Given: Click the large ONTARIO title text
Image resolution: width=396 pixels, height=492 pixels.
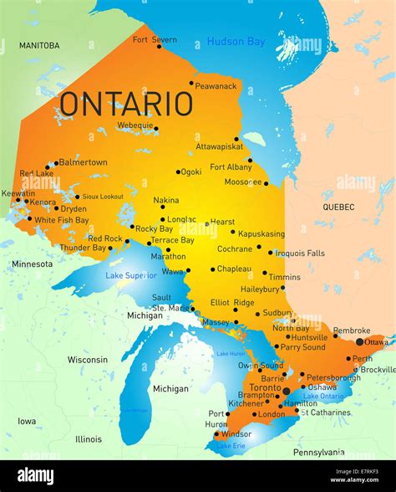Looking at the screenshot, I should [126, 104].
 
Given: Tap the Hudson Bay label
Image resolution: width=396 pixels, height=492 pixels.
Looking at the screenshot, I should [236, 41].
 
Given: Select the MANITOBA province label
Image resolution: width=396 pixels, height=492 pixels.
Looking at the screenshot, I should [39, 45].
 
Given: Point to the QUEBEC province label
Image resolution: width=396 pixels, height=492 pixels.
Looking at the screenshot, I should [338, 207].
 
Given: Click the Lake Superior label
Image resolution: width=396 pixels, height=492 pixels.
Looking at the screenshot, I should [130, 275].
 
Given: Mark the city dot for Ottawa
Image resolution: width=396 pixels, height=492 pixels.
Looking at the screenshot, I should [360, 341].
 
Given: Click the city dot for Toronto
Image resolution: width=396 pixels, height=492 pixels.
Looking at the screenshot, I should [287, 390].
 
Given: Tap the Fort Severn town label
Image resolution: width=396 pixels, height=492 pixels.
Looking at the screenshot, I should [155, 39].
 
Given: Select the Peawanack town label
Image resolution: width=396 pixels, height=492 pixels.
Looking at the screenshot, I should [216, 85].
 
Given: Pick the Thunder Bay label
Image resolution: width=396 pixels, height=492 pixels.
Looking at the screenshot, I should [82, 248].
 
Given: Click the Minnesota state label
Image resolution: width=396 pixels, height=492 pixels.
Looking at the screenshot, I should [32, 264].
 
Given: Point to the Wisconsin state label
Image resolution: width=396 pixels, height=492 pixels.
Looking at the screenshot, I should [88, 360].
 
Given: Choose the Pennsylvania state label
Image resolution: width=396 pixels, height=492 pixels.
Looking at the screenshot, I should [318, 453].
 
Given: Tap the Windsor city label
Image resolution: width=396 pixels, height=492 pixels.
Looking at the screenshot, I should [236, 433].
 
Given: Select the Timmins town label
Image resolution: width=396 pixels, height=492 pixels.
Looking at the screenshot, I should [284, 277].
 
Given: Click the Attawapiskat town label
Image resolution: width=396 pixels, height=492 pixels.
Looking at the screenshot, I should [220, 146].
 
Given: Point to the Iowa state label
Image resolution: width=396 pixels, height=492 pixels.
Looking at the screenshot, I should [27, 422].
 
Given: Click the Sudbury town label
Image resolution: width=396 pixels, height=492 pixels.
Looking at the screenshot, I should [277, 313].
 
